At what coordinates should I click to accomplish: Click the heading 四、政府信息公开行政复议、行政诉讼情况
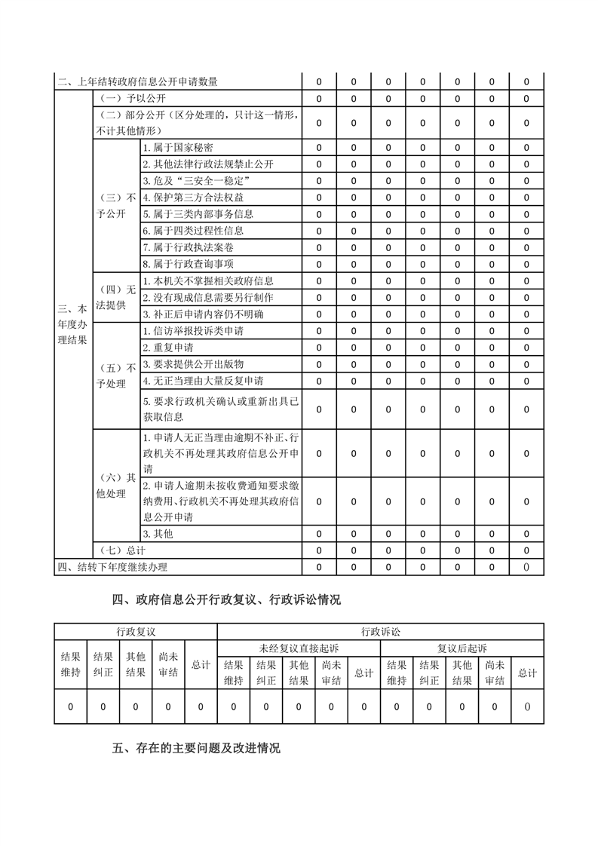226,600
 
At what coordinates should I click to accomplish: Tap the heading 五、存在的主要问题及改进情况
196,749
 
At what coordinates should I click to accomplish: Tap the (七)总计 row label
123,550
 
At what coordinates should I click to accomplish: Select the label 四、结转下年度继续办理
112,567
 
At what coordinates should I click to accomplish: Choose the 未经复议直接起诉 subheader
299,648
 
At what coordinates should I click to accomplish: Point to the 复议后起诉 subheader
462,648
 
